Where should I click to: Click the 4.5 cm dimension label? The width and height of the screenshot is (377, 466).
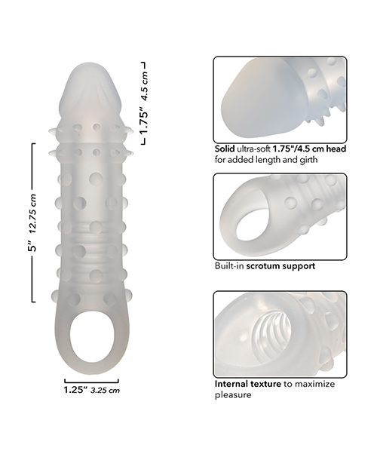pos(145,86)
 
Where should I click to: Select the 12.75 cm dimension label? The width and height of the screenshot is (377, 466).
pos(32,213)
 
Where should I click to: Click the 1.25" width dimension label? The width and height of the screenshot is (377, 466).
pos(75,390)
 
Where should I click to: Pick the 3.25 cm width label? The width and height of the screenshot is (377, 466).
pos(105,390)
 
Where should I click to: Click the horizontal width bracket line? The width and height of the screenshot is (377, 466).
pos(91,382)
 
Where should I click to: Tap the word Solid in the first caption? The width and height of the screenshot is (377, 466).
pos(225,149)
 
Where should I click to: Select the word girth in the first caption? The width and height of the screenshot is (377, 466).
pos(307,160)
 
